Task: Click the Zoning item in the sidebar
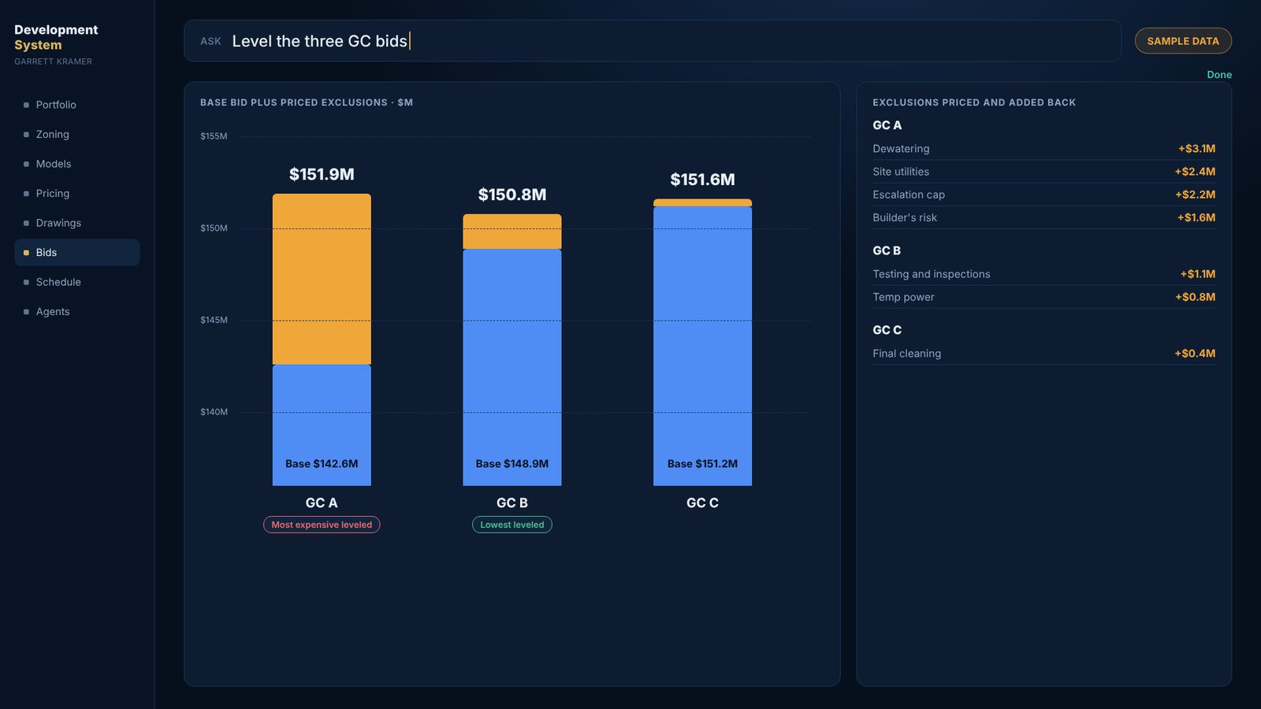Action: coord(52,134)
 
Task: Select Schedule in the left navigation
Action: coord(58,282)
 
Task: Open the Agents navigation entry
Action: coord(52,311)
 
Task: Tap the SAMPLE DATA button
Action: coord(1183,41)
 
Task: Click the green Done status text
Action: coord(1218,75)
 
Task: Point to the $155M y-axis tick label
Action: coord(214,136)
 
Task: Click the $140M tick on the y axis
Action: coord(214,412)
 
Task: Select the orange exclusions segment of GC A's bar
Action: coord(322,279)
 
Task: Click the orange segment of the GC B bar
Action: coord(511,232)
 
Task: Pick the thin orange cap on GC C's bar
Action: coord(702,202)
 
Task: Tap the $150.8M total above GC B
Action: coord(511,195)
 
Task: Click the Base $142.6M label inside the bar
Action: coord(322,464)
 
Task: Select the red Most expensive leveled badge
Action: coord(322,525)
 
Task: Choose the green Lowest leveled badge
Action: coord(511,525)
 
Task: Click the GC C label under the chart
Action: coord(702,503)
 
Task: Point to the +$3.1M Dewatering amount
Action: coord(1196,149)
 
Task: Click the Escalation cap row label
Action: coord(909,195)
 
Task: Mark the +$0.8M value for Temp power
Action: coord(1195,297)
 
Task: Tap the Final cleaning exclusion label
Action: coord(906,354)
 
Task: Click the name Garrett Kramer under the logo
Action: coord(53,61)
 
